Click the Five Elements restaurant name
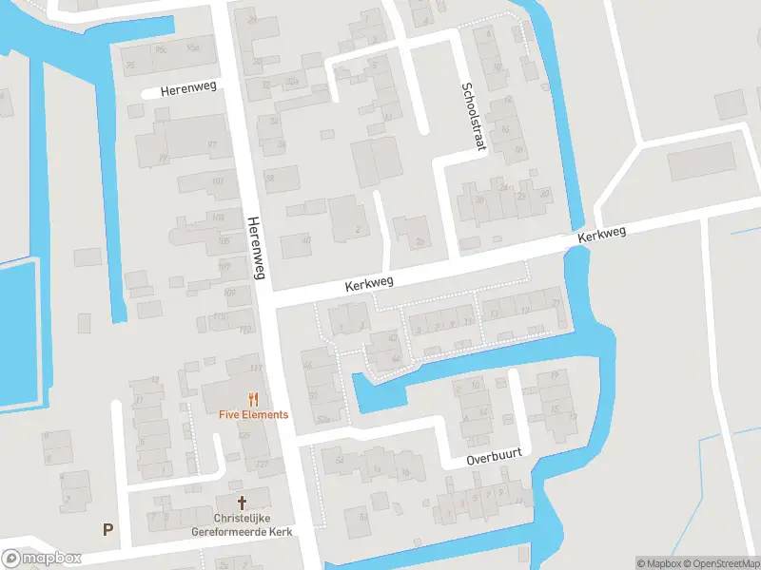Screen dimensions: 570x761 coord(253,414)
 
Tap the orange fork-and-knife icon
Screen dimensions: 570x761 coord(253,399)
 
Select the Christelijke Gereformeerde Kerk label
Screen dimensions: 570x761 coord(242,525)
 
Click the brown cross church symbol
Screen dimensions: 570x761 coord(242,502)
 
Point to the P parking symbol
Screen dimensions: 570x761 coord(107,529)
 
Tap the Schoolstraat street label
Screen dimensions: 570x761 coord(470,115)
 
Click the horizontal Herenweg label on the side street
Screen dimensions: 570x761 coord(188,90)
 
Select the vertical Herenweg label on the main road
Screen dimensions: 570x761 coord(257,250)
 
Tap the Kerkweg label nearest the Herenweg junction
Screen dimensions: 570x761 coord(368,283)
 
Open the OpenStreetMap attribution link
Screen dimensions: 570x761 coord(720,562)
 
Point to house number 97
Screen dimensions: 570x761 coord(212,144)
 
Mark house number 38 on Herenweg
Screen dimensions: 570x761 coord(270,177)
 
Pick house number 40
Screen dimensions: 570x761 coord(305,240)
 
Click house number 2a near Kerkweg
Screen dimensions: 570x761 coord(420,241)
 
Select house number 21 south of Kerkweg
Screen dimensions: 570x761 coord(556,302)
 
